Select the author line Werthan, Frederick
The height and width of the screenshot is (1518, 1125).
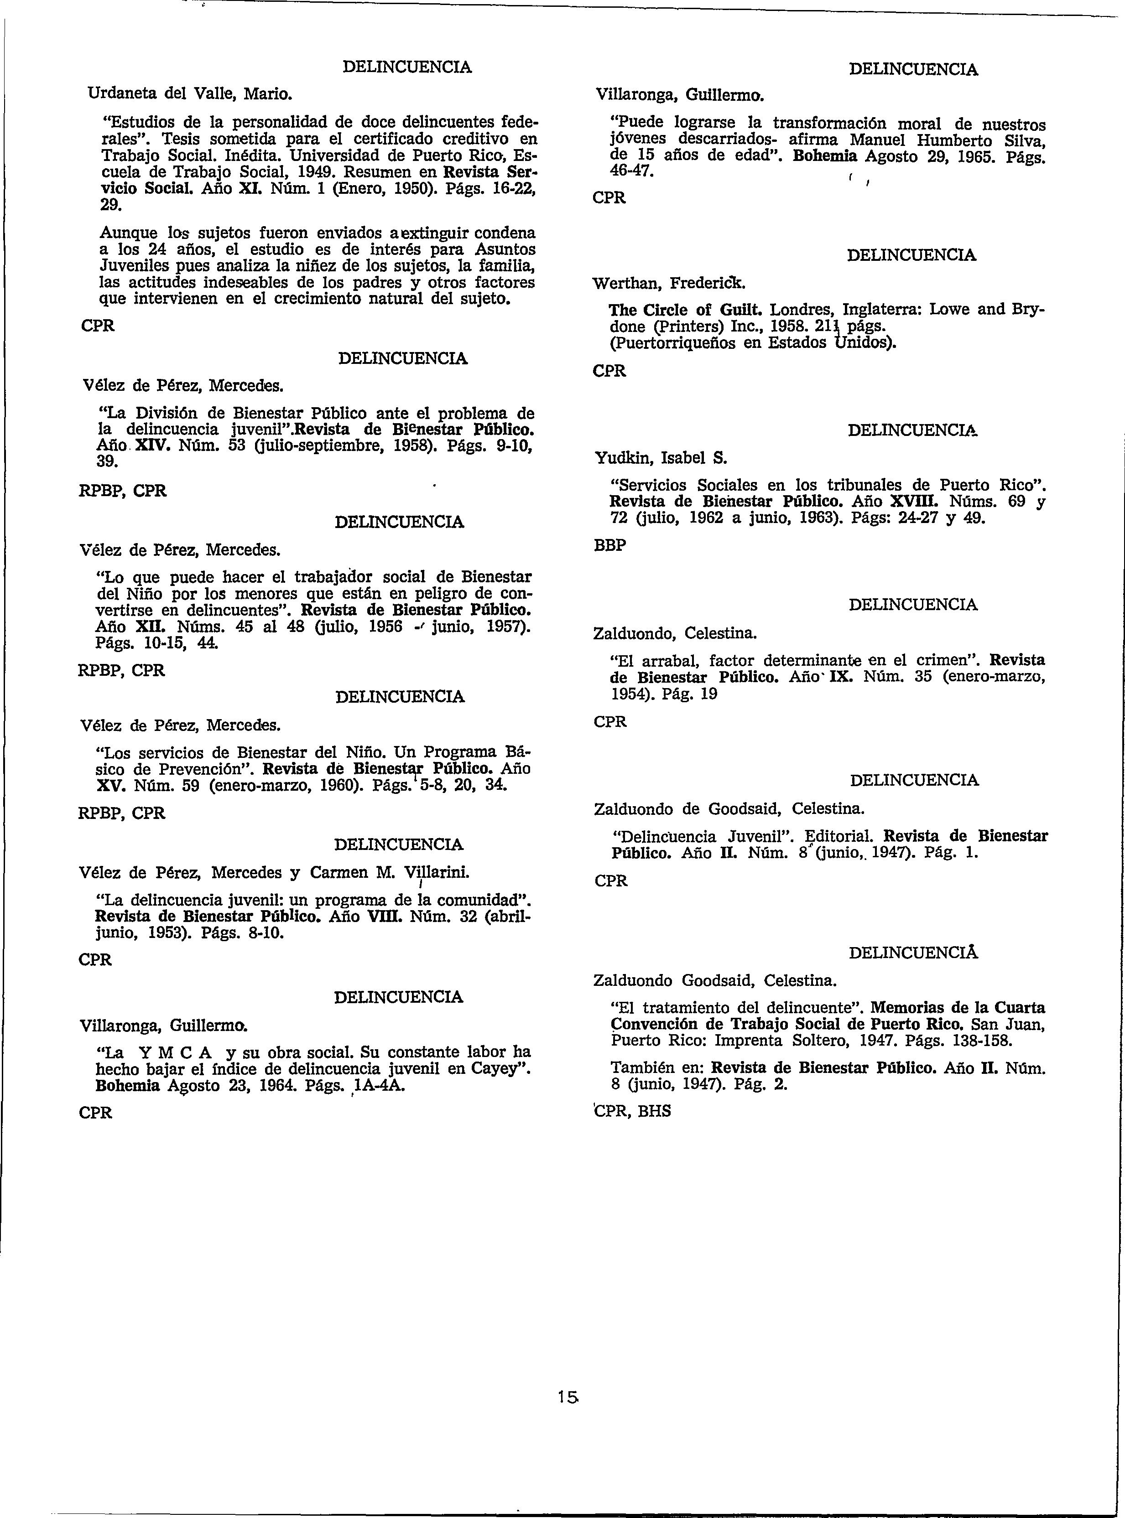[669, 282]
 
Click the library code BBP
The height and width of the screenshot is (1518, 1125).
[609, 546]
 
